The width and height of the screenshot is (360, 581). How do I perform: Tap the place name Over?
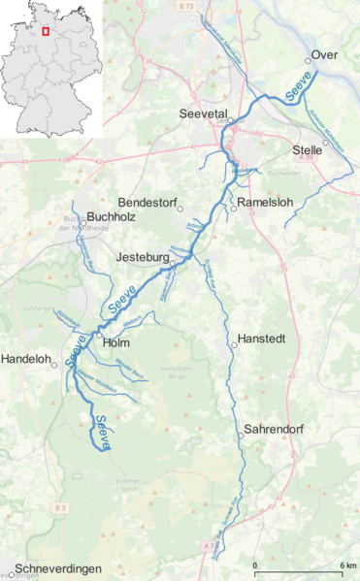325,56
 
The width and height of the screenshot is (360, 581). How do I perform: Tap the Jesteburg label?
142,259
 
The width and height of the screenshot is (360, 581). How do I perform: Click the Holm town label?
115,342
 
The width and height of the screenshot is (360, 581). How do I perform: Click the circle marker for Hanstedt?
233,341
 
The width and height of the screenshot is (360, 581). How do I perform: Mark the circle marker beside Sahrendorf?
239,436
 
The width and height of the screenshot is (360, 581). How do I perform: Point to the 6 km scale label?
346,565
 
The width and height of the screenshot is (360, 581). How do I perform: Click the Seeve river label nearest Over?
299,90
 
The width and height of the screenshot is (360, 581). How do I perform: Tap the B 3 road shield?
60,507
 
